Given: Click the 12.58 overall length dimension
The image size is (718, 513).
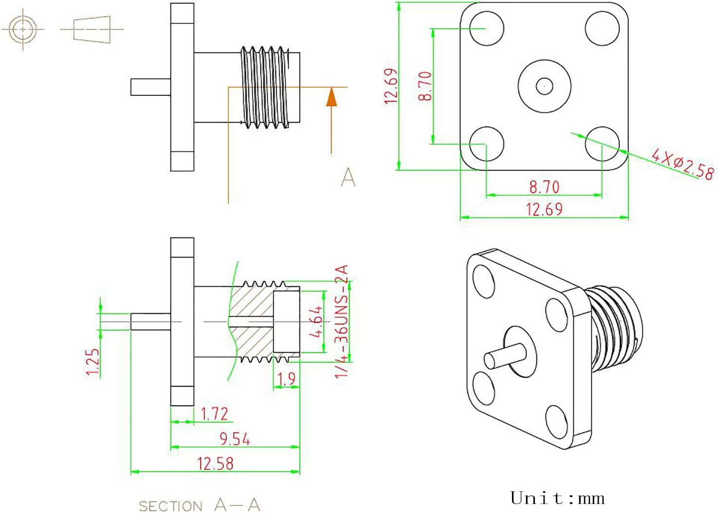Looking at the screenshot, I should (215, 463).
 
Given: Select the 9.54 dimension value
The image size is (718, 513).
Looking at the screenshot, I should (234, 439).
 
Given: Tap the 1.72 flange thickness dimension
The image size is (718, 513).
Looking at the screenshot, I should (214, 414).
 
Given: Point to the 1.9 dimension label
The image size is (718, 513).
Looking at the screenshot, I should (286, 379).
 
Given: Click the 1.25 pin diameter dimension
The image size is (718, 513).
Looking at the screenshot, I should (93, 361).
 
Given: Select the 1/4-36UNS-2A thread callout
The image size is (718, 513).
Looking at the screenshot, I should (342, 321).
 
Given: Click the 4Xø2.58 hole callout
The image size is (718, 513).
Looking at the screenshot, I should (683, 164).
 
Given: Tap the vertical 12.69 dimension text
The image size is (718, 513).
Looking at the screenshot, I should (391, 86).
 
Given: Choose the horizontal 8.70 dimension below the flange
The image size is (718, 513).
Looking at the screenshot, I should (544, 186).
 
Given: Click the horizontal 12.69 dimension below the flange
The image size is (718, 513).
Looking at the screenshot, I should (544, 209).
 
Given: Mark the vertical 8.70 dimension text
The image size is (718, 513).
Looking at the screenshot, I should (425, 86).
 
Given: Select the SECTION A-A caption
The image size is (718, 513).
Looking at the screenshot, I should (199, 505).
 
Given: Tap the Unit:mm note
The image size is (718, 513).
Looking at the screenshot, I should (557, 498).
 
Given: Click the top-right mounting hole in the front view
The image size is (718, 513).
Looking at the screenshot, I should (602, 29).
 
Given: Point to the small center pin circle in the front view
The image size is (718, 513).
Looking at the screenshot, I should (544, 86).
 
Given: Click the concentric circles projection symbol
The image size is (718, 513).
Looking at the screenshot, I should (23, 29).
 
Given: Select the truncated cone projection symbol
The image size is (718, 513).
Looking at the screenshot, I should (92, 29).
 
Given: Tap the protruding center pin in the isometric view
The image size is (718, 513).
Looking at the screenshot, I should (504, 355).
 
